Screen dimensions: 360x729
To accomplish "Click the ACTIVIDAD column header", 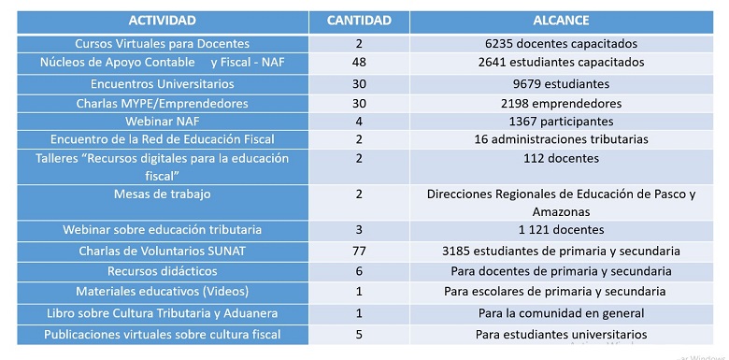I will (x=162, y=20).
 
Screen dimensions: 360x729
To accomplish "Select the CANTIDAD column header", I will (x=359, y=20).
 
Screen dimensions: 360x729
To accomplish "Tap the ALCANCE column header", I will (x=561, y=20).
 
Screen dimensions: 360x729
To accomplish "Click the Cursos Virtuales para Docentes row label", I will (x=162, y=43).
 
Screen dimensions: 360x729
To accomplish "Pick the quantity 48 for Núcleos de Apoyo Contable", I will (x=359, y=63).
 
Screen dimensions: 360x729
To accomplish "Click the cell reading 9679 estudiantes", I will (x=561, y=83).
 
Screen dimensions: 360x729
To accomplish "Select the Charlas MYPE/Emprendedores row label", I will (x=162, y=103).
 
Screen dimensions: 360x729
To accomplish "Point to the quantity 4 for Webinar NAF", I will (x=359, y=122).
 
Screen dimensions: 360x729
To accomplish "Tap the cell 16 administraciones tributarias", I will (x=561, y=139).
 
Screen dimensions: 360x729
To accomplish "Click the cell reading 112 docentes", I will (x=561, y=158).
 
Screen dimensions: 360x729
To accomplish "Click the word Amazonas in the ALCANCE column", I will (x=561, y=213).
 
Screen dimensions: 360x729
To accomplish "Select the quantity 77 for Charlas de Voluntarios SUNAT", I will (x=359, y=252).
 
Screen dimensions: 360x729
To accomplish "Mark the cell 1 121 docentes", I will (x=561, y=230).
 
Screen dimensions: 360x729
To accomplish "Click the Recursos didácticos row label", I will (x=162, y=271).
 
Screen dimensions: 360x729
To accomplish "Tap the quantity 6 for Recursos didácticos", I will (x=359, y=271).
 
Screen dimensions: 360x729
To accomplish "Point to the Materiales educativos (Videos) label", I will (x=162, y=292).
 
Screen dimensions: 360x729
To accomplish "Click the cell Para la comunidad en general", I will (x=561, y=312).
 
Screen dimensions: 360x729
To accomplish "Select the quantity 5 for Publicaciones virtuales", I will (x=359, y=334).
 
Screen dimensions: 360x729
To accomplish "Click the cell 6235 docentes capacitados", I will (x=561, y=43).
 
